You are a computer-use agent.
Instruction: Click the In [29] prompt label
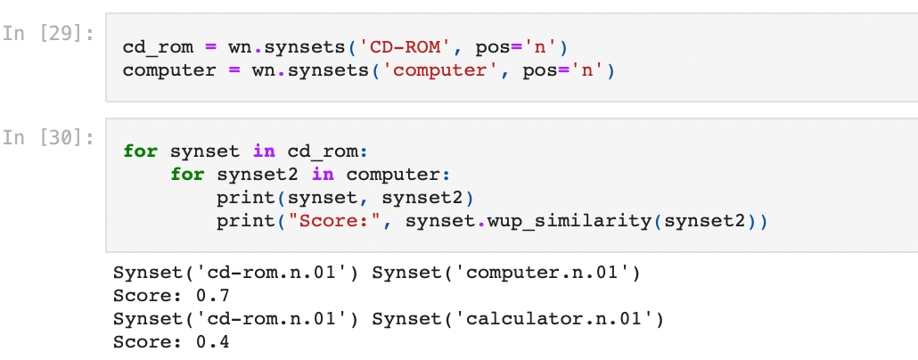(48, 34)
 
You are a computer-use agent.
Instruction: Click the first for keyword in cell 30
(140, 151)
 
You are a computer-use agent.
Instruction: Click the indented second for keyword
(187, 174)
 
